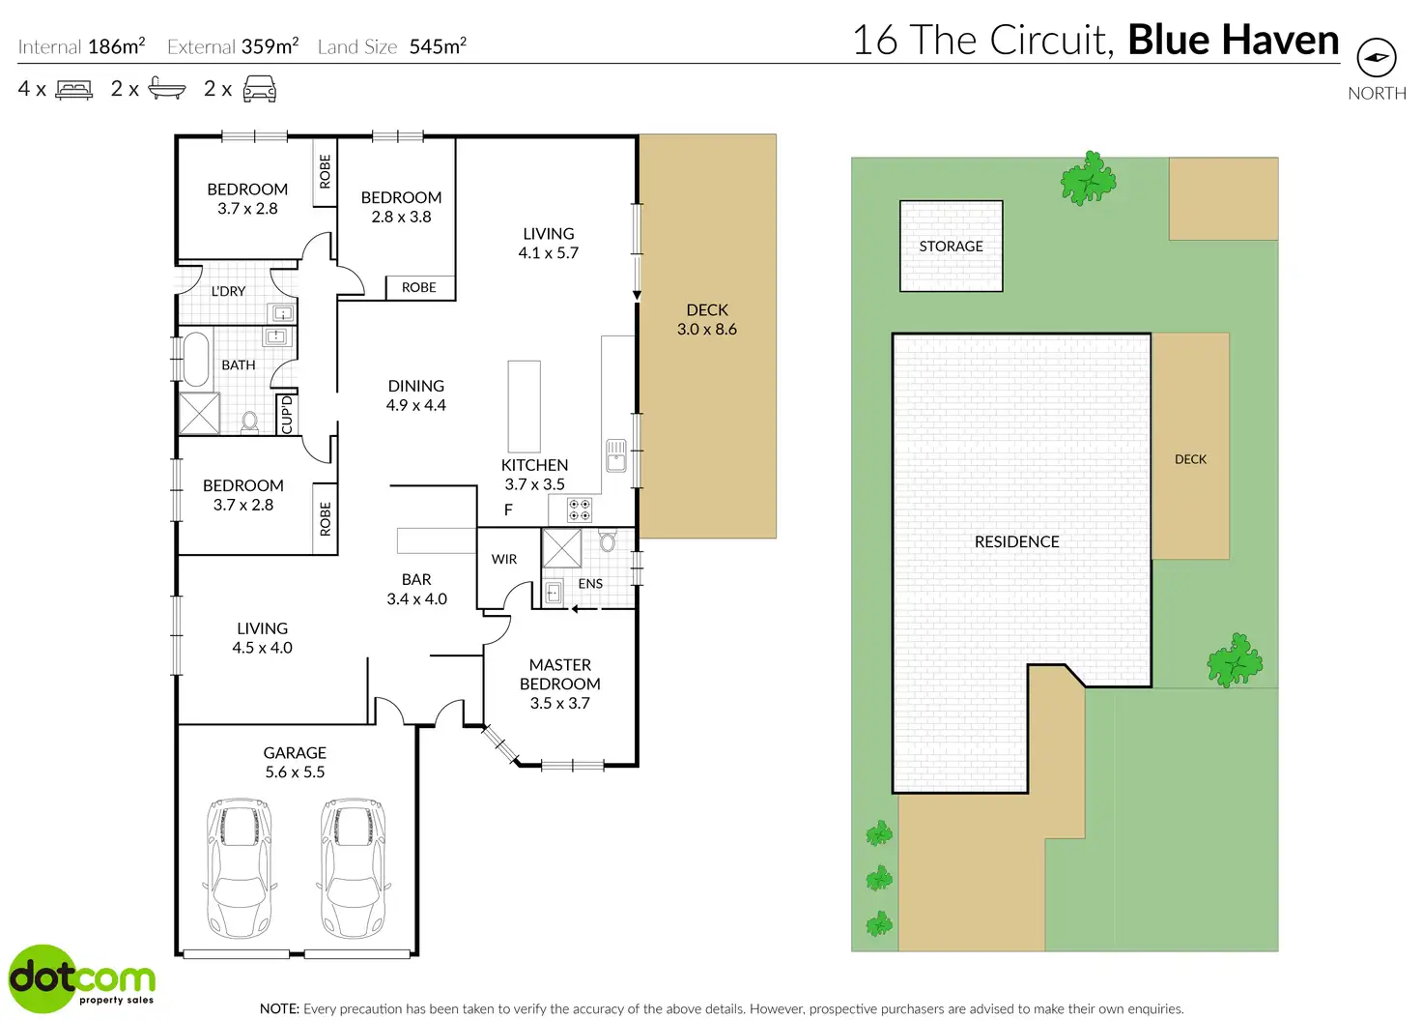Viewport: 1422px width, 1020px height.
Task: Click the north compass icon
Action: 1377,58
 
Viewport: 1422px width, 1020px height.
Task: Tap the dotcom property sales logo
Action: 81,979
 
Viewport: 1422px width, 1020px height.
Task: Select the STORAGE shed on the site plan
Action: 951,246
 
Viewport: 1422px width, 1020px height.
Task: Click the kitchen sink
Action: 615,454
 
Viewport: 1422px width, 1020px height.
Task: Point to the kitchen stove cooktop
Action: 580,510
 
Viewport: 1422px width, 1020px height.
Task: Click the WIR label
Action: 504,559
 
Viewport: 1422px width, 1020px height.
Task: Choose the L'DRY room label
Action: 228,291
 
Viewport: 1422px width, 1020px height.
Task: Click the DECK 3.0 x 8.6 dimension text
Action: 707,329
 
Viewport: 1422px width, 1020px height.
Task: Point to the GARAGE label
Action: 295,753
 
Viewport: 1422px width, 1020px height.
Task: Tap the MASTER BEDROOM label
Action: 560,674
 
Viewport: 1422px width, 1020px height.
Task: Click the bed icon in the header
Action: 74,90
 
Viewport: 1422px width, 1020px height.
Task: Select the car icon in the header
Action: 259,90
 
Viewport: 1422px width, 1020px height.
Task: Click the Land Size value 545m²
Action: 438,46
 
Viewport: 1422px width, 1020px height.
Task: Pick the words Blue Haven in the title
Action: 1233,40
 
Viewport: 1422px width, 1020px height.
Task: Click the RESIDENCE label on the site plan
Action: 1016,541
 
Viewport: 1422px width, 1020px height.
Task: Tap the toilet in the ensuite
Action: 608,540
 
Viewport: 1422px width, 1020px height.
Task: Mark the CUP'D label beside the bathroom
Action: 286,414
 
